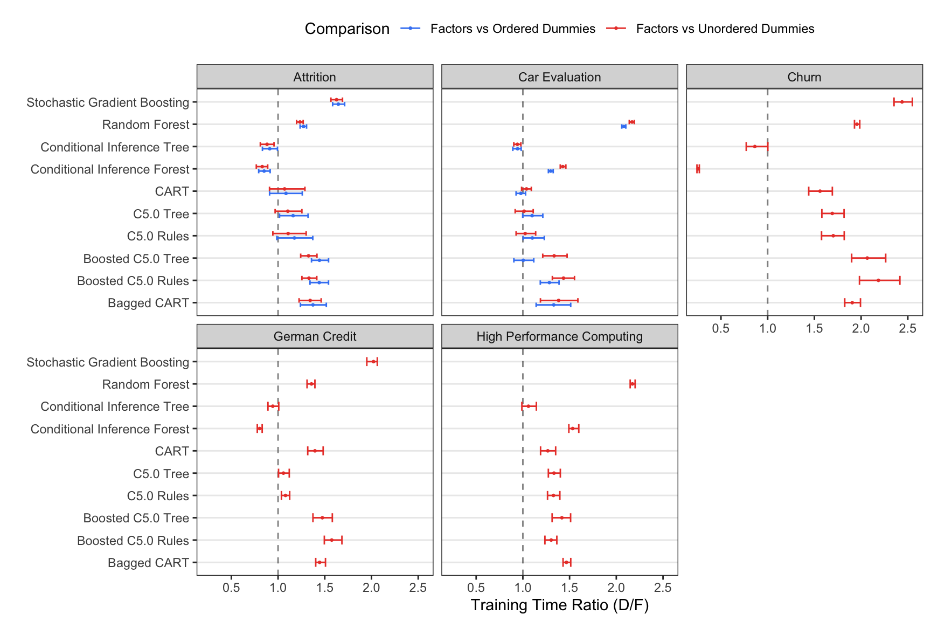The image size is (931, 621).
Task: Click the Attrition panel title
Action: point(315,77)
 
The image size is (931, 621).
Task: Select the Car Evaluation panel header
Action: point(559,77)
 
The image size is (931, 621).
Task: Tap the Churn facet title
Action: point(804,77)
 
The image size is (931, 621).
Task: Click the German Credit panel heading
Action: point(315,336)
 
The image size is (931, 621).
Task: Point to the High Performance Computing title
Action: point(559,336)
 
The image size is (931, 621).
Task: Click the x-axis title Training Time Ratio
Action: point(559,605)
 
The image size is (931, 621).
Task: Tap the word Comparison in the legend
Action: point(347,29)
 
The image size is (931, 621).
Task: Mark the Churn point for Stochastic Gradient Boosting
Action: point(902,102)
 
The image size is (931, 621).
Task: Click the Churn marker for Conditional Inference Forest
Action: point(698,169)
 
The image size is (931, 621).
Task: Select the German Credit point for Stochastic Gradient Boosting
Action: point(372,362)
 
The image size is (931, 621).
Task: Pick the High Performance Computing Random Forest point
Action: point(633,384)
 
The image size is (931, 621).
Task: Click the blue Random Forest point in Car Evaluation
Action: point(623,126)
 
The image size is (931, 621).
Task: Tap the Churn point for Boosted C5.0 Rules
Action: point(878,280)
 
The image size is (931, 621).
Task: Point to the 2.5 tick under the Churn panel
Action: point(907,328)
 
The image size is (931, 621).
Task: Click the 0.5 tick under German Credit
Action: point(231,588)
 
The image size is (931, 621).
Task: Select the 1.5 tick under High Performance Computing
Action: point(569,588)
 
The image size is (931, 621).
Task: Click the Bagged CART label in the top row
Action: point(148,303)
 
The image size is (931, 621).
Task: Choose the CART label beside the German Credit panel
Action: point(172,451)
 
